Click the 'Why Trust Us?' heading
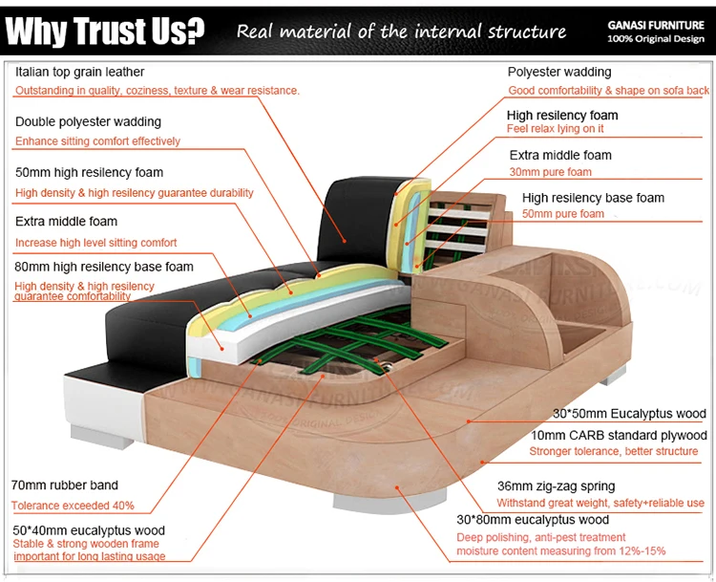(x=105, y=32)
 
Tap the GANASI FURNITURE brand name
(x=658, y=26)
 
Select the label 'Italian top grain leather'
(x=80, y=72)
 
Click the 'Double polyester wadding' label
(x=88, y=121)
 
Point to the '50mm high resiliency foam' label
(x=89, y=173)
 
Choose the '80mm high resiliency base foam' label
(x=104, y=267)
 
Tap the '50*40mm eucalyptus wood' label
(x=88, y=530)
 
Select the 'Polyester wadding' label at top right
(x=559, y=72)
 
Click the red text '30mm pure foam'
(x=550, y=172)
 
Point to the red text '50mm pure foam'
(x=563, y=214)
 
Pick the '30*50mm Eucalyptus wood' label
(x=630, y=414)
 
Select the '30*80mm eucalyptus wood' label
(x=533, y=520)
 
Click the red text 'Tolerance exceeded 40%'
(x=73, y=505)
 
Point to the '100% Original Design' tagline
(x=658, y=39)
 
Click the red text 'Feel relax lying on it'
(x=555, y=128)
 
